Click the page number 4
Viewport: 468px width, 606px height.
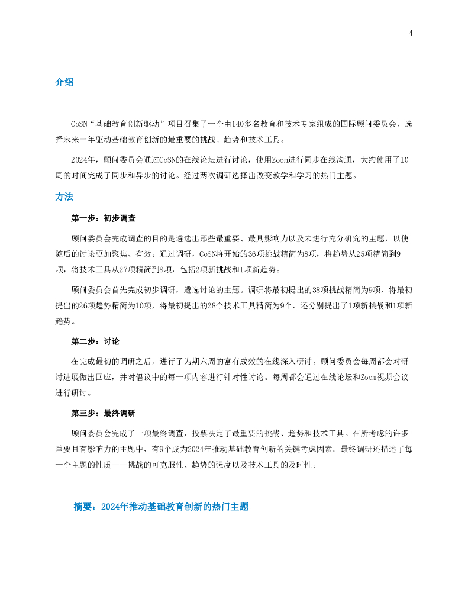click(x=411, y=33)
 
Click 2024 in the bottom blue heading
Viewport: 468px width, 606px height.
click(x=110, y=507)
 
